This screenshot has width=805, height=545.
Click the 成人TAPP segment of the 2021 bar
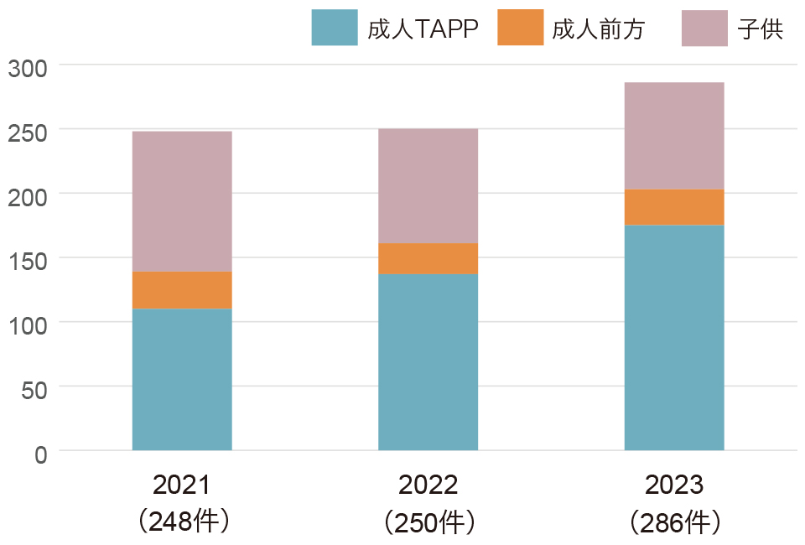182,379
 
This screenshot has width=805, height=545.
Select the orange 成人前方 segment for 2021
182,290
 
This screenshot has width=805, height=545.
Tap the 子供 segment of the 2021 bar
182,201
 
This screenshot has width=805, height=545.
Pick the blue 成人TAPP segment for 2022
428,362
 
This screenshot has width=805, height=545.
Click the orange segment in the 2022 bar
428,259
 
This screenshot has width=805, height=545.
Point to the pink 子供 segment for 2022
428,185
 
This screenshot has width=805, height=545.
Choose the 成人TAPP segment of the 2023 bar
674,337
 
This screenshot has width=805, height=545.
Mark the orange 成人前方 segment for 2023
674,207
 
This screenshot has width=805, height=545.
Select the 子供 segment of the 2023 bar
674,136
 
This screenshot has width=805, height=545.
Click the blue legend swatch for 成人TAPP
334,28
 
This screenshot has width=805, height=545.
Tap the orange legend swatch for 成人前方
520,28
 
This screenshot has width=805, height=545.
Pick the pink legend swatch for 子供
704,28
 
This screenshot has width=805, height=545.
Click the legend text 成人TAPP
423,29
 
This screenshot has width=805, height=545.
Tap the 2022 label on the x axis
428,485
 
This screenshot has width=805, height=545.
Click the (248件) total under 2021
182,522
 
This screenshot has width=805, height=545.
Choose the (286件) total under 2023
674,522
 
